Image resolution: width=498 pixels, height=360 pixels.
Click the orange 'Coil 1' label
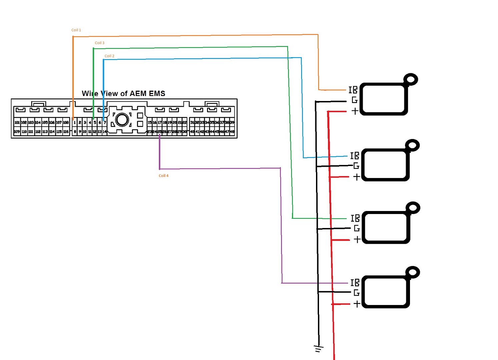pos(76,30)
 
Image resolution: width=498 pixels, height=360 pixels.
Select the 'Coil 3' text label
pos(99,43)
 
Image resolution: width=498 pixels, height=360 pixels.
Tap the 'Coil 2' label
pos(109,56)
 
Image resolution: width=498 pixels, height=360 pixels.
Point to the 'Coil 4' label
pos(163,176)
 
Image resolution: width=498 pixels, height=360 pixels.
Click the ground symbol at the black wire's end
pos(319,349)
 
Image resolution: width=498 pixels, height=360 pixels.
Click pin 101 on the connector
pos(17,123)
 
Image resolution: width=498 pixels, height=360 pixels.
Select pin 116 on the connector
pos(66,132)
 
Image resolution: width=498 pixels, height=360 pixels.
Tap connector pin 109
pos(17,132)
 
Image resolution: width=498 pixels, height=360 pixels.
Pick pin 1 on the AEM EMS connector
pos(75,123)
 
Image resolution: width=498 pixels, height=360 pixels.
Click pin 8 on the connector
pos(75,132)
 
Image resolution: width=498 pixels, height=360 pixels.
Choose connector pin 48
pos(232,132)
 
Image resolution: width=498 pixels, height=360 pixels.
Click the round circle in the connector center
pos(122,119)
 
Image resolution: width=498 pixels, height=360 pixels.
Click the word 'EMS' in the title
pos(157,94)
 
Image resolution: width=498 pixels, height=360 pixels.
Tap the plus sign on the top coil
pos(355,111)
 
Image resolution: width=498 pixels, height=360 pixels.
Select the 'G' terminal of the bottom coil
pos(356,293)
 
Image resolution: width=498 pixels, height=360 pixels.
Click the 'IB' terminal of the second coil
pos(355,156)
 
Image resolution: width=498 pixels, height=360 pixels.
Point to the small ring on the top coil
pos(411,79)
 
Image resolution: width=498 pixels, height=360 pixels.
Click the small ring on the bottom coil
pos(413,272)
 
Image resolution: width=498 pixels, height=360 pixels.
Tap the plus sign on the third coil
pos(357,239)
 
